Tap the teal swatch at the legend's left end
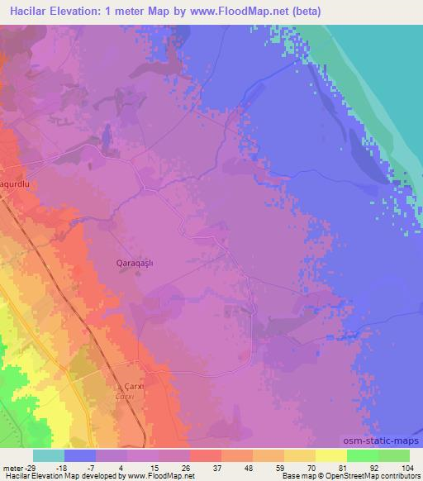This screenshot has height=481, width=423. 49,455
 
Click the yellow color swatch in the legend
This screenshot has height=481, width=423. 331,455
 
